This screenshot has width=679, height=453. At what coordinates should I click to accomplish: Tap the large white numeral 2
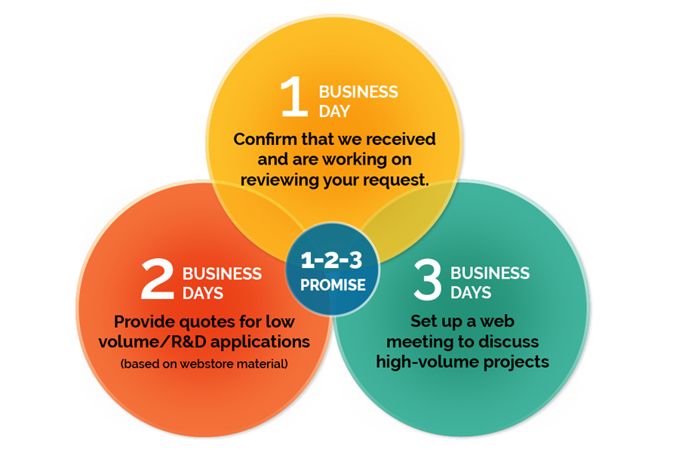click(x=158, y=279)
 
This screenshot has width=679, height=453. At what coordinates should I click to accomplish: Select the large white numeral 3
click(x=428, y=279)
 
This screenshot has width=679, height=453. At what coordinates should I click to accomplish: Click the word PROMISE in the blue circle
click(x=333, y=285)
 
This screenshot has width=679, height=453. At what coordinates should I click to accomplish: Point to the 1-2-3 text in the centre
click(x=332, y=260)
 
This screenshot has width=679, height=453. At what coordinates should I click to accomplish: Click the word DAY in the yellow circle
click(x=334, y=112)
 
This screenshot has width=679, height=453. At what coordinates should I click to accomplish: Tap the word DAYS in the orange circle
click(x=203, y=294)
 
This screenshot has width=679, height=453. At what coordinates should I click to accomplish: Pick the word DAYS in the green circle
click(x=471, y=293)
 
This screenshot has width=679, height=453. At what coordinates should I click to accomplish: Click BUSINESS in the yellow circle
click(x=358, y=92)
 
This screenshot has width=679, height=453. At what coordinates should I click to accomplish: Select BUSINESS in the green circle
click(x=490, y=273)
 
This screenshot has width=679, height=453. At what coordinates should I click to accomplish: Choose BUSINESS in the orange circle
click(x=222, y=274)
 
